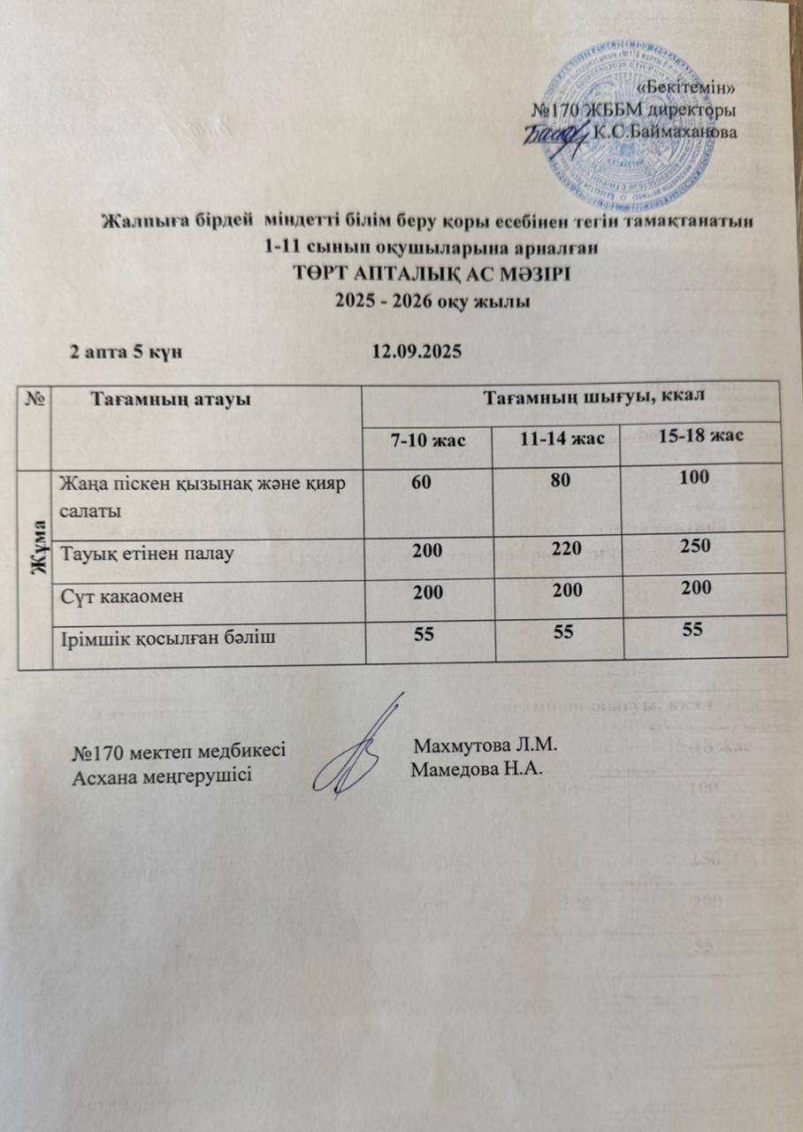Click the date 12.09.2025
pos(417,351)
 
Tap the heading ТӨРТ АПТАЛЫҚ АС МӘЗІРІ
pos(433,274)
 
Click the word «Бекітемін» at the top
pos(686,87)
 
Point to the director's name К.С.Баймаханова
pos(665,133)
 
